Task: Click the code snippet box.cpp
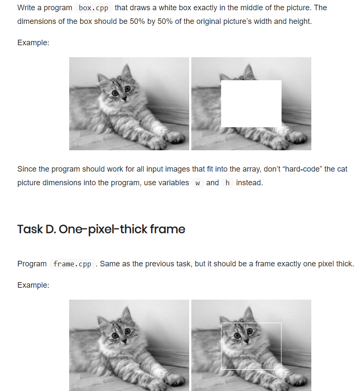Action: pos(94,8)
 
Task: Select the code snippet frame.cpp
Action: pos(72,264)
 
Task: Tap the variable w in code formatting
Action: pos(197,183)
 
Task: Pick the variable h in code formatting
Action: pos(227,183)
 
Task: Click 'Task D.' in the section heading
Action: pos(36,229)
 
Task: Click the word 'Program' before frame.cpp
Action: pos(32,264)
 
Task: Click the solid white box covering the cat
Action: pos(251,104)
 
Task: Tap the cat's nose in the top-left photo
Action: pos(124,99)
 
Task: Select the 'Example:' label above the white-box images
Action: pos(33,43)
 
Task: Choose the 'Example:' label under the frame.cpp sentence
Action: pos(33,285)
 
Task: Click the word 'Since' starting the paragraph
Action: pos(27,169)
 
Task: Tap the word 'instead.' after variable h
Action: pos(249,183)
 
